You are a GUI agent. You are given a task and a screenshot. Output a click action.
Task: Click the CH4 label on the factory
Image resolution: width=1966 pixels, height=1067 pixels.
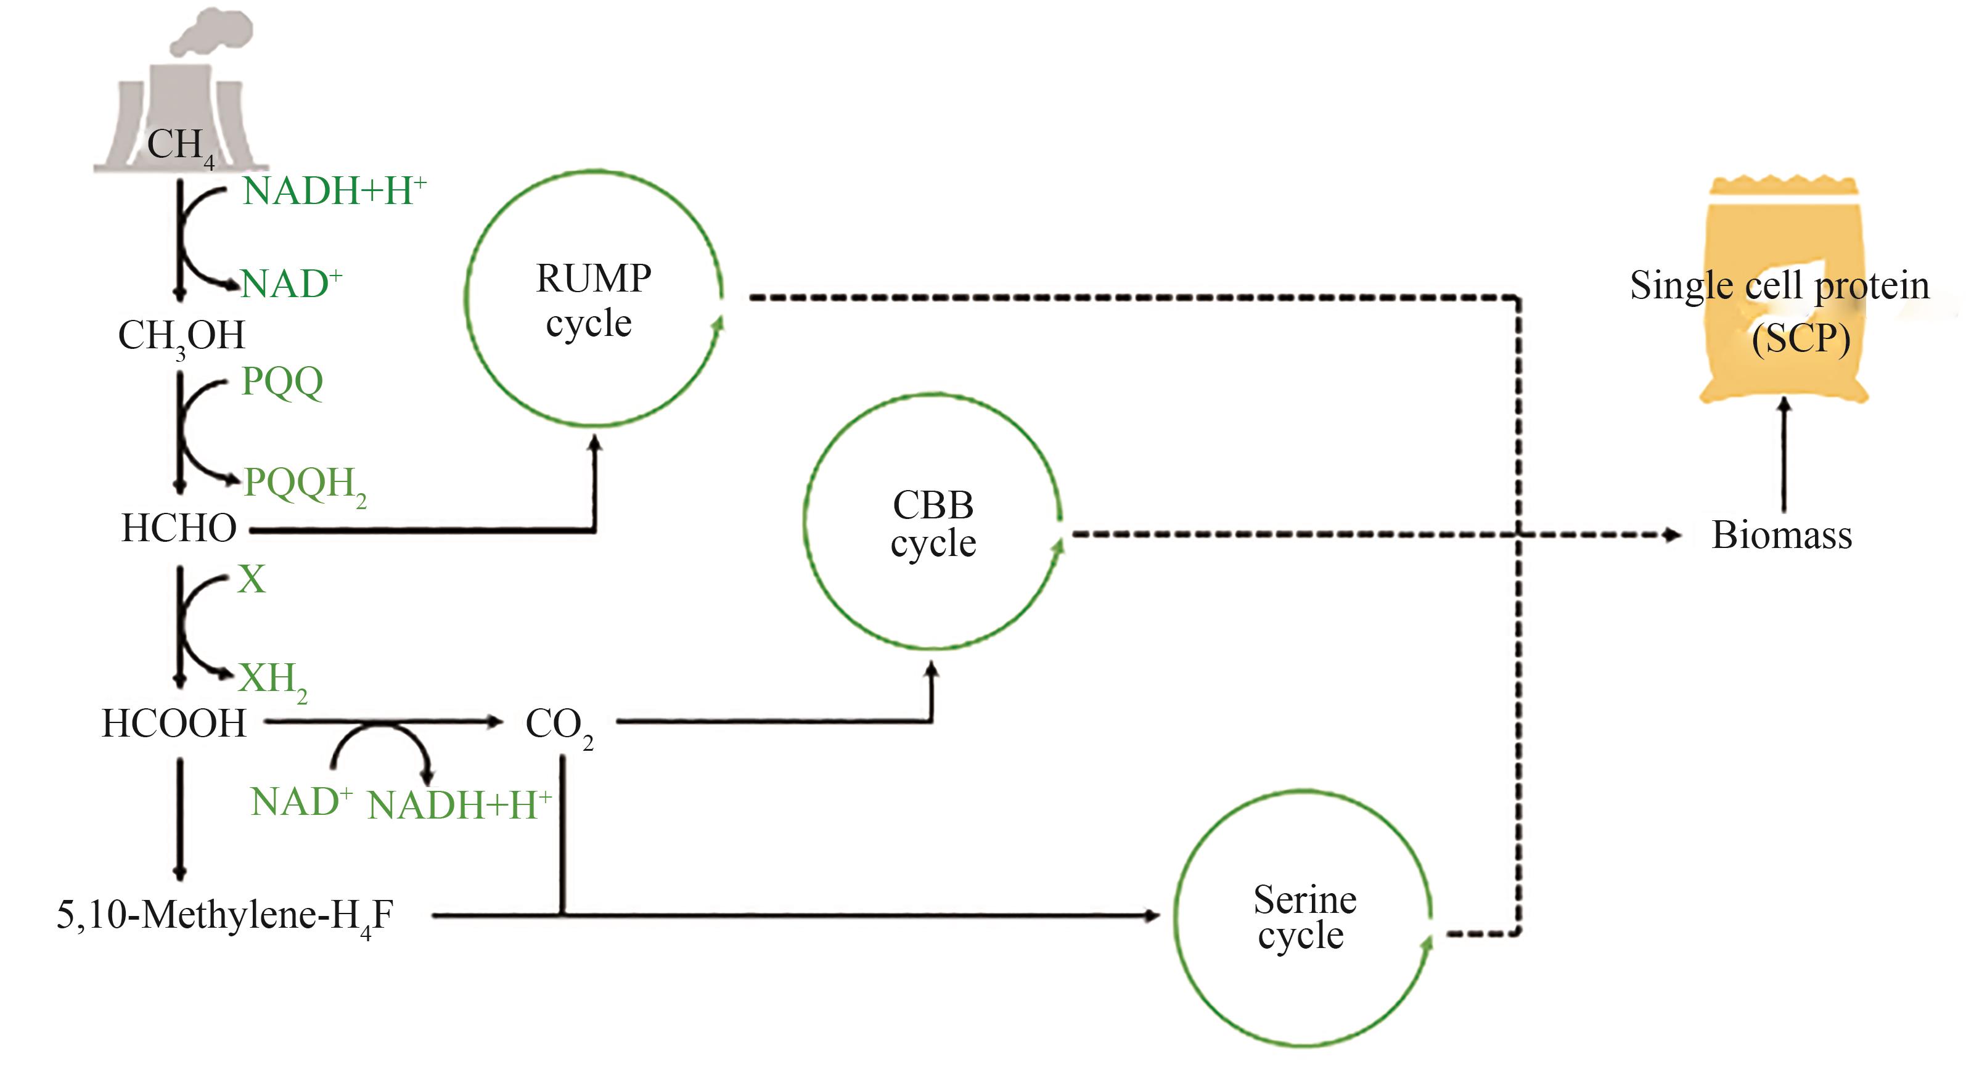tap(179, 145)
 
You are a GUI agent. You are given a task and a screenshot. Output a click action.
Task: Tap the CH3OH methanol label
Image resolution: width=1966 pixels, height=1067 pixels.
tap(182, 337)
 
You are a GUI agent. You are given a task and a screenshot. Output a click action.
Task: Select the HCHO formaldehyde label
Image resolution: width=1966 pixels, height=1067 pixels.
tap(179, 528)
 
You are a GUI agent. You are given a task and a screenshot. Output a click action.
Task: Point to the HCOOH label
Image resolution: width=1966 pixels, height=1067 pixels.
tap(174, 724)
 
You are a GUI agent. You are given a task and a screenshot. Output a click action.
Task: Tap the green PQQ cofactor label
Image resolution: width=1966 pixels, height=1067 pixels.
tap(282, 381)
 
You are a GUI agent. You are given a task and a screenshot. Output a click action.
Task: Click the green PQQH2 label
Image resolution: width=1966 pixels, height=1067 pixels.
tap(305, 484)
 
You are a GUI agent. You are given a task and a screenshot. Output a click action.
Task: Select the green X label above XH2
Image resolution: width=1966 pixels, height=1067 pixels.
tap(251, 579)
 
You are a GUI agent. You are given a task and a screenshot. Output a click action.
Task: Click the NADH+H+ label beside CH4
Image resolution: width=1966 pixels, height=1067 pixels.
tap(334, 191)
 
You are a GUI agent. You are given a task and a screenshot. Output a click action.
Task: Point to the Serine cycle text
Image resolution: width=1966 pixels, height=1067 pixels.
tap(1303, 917)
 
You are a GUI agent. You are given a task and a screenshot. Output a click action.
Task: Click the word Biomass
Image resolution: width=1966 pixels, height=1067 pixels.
tap(1781, 535)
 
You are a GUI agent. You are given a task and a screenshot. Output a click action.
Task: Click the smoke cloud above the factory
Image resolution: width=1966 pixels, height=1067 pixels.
tap(211, 32)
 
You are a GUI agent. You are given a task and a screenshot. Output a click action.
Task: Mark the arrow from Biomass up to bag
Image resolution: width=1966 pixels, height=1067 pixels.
tap(1784, 454)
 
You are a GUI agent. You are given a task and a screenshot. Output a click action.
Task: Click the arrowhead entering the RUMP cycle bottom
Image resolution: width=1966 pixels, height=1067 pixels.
tap(594, 442)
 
